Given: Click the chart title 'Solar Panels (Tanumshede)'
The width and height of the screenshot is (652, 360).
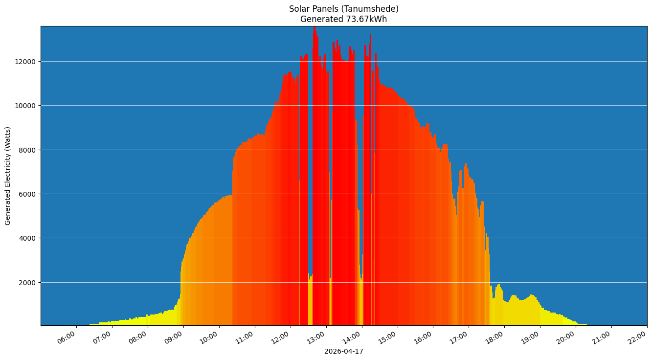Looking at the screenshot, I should pos(343,9).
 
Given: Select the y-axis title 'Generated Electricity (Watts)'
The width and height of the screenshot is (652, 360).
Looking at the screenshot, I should pos(8,176).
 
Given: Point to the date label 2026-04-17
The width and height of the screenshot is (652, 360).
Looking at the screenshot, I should pos(343,351).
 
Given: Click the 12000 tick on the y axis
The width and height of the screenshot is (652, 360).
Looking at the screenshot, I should pos(25,62).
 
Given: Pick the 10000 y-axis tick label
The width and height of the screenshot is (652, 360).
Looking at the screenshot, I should pos(25,106).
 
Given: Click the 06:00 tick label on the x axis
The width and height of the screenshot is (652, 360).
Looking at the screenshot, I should pos(67,337).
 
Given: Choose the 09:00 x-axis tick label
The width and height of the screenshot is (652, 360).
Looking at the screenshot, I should pos(174,337).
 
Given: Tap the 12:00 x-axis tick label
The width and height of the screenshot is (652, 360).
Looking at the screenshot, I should pos(281,337).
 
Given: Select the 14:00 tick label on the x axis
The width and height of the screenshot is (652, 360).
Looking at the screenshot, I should pos(353,337).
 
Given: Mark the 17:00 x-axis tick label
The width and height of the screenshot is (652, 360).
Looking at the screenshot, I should pos(460,337).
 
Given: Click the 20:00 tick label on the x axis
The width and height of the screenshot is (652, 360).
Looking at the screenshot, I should pos(567,337).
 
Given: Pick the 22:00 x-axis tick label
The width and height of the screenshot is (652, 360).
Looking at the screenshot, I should pos(638,337).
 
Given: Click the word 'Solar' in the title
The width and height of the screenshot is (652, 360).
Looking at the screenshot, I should pos(299,9).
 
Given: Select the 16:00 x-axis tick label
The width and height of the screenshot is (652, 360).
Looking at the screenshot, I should pos(424,337).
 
